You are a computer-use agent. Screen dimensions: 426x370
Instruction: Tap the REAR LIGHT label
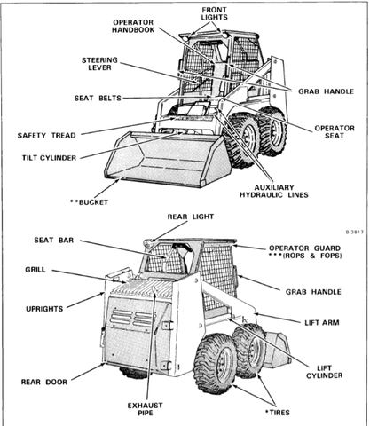coord(189,216)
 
